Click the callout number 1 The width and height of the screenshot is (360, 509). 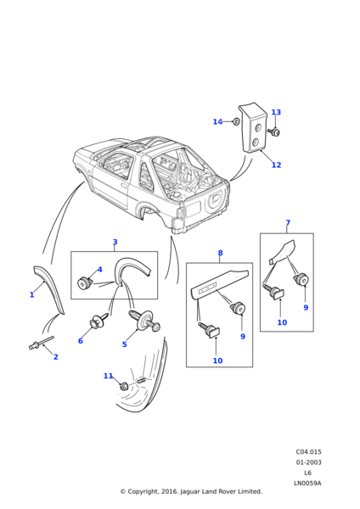pos(32,294)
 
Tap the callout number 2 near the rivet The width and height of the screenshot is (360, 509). pos(55,357)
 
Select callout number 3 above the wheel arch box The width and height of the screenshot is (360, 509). pos(115,242)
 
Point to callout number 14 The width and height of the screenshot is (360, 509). pos(217,121)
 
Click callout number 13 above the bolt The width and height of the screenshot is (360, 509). pos(276,112)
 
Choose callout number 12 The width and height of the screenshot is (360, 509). pos(276,165)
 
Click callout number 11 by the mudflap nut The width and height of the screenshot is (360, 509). pos(108,376)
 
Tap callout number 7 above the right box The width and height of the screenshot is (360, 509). pos(288,222)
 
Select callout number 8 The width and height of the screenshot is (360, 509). pos(220,253)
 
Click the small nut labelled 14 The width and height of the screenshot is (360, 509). pos(237,121)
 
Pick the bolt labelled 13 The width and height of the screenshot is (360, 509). pos(274,131)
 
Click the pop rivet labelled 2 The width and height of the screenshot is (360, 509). pos(41,342)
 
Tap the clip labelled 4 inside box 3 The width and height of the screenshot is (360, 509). pos(84,282)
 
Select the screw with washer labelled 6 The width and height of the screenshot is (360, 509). pos(98,321)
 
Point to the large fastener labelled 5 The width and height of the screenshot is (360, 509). pos(145,320)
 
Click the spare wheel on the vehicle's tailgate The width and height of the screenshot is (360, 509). pos(216,202)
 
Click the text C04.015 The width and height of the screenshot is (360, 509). pos(308,451)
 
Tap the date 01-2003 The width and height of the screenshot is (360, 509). pos(308,462)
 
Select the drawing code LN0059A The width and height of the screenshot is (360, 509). pos(307,483)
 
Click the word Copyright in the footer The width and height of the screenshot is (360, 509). pos(142,491)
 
